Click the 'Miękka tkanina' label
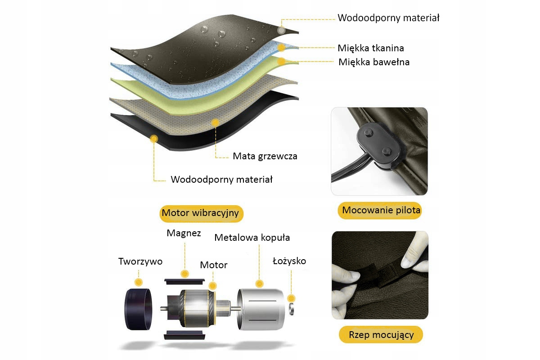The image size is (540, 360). [371, 48]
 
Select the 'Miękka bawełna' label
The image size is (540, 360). [374, 62]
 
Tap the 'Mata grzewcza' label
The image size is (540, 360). [265, 157]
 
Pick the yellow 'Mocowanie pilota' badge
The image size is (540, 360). [381, 210]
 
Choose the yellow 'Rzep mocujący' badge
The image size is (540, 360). [381, 335]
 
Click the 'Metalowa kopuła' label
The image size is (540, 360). [252, 237]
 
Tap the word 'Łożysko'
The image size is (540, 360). [290, 261]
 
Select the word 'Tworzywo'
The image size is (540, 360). [140, 261]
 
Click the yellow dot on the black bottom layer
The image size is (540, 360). [154, 139]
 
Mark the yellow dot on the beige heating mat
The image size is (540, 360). [216, 122]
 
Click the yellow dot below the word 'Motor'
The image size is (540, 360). [213, 285]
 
